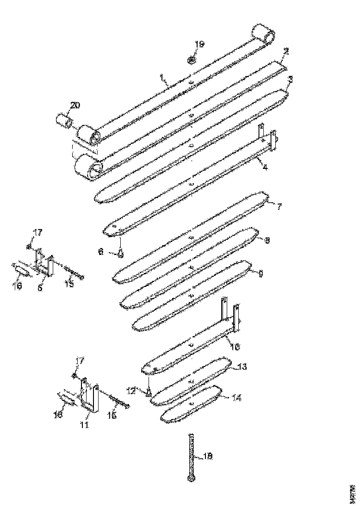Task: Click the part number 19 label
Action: pyautogui.click(x=199, y=44)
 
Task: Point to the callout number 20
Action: pyautogui.click(x=74, y=105)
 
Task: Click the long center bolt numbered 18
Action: pyautogui.click(x=191, y=456)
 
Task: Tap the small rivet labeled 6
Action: pyautogui.click(x=120, y=253)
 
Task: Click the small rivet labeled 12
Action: pyautogui.click(x=149, y=393)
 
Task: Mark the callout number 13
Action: pyautogui.click(x=242, y=366)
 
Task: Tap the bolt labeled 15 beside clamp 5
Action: pyautogui.click(x=72, y=271)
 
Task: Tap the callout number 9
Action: pyautogui.click(x=261, y=273)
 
